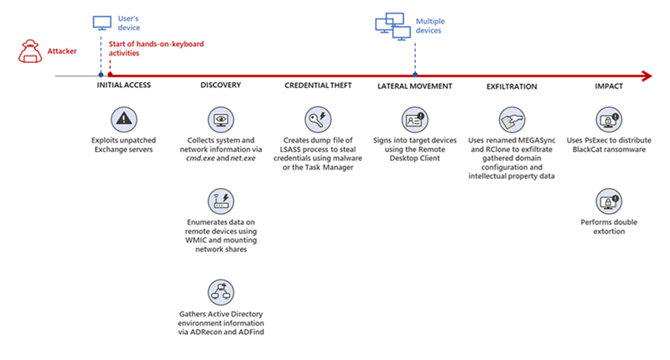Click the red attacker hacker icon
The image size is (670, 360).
point(30,51)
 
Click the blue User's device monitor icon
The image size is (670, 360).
point(102,23)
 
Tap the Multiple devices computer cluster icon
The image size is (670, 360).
point(393,27)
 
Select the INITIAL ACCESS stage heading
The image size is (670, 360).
point(123,85)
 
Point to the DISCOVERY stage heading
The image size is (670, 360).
point(221,85)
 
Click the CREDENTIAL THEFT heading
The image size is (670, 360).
point(318,86)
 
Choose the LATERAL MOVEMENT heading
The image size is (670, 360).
point(414,86)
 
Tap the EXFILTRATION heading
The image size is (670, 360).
point(512,86)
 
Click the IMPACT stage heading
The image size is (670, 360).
point(609,86)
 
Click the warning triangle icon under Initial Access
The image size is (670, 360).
point(124,119)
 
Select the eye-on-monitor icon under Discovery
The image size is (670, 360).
point(221,120)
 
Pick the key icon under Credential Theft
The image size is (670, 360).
point(318,120)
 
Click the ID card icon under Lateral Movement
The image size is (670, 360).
point(415,120)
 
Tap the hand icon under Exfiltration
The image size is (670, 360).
point(512,120)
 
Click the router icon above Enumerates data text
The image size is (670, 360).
point(221,201)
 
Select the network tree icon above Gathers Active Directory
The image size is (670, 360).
point(221,292)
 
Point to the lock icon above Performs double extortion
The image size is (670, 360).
point(609,201)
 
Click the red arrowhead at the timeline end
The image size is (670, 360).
point(647,76)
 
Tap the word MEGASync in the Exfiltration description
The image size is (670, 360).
point(538,140)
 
